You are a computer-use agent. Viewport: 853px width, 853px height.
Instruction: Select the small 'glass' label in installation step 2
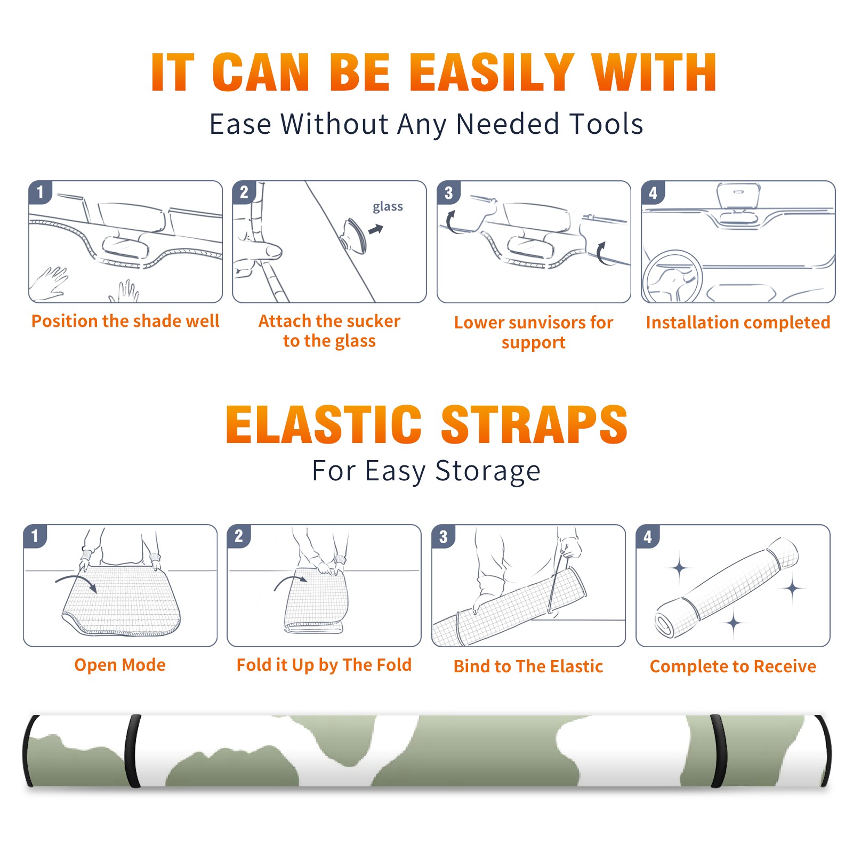[388, 207]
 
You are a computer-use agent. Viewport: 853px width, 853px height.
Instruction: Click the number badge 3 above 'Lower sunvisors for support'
[448, 193]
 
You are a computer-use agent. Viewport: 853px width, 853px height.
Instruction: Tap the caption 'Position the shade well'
[125, 321]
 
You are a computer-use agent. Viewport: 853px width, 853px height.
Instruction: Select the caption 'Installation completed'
[738, 322]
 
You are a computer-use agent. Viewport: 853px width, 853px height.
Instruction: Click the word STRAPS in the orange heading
[534, 424]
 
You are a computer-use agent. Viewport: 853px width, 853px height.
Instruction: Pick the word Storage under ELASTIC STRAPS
[488, 471]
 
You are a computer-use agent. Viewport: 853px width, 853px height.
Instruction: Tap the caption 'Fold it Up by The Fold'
[324, 665]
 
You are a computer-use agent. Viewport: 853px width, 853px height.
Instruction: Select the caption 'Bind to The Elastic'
[528, 666]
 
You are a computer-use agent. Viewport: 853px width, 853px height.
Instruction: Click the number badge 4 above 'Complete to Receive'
[648, 536]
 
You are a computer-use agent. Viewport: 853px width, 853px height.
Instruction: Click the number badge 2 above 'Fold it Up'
[239, 536]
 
